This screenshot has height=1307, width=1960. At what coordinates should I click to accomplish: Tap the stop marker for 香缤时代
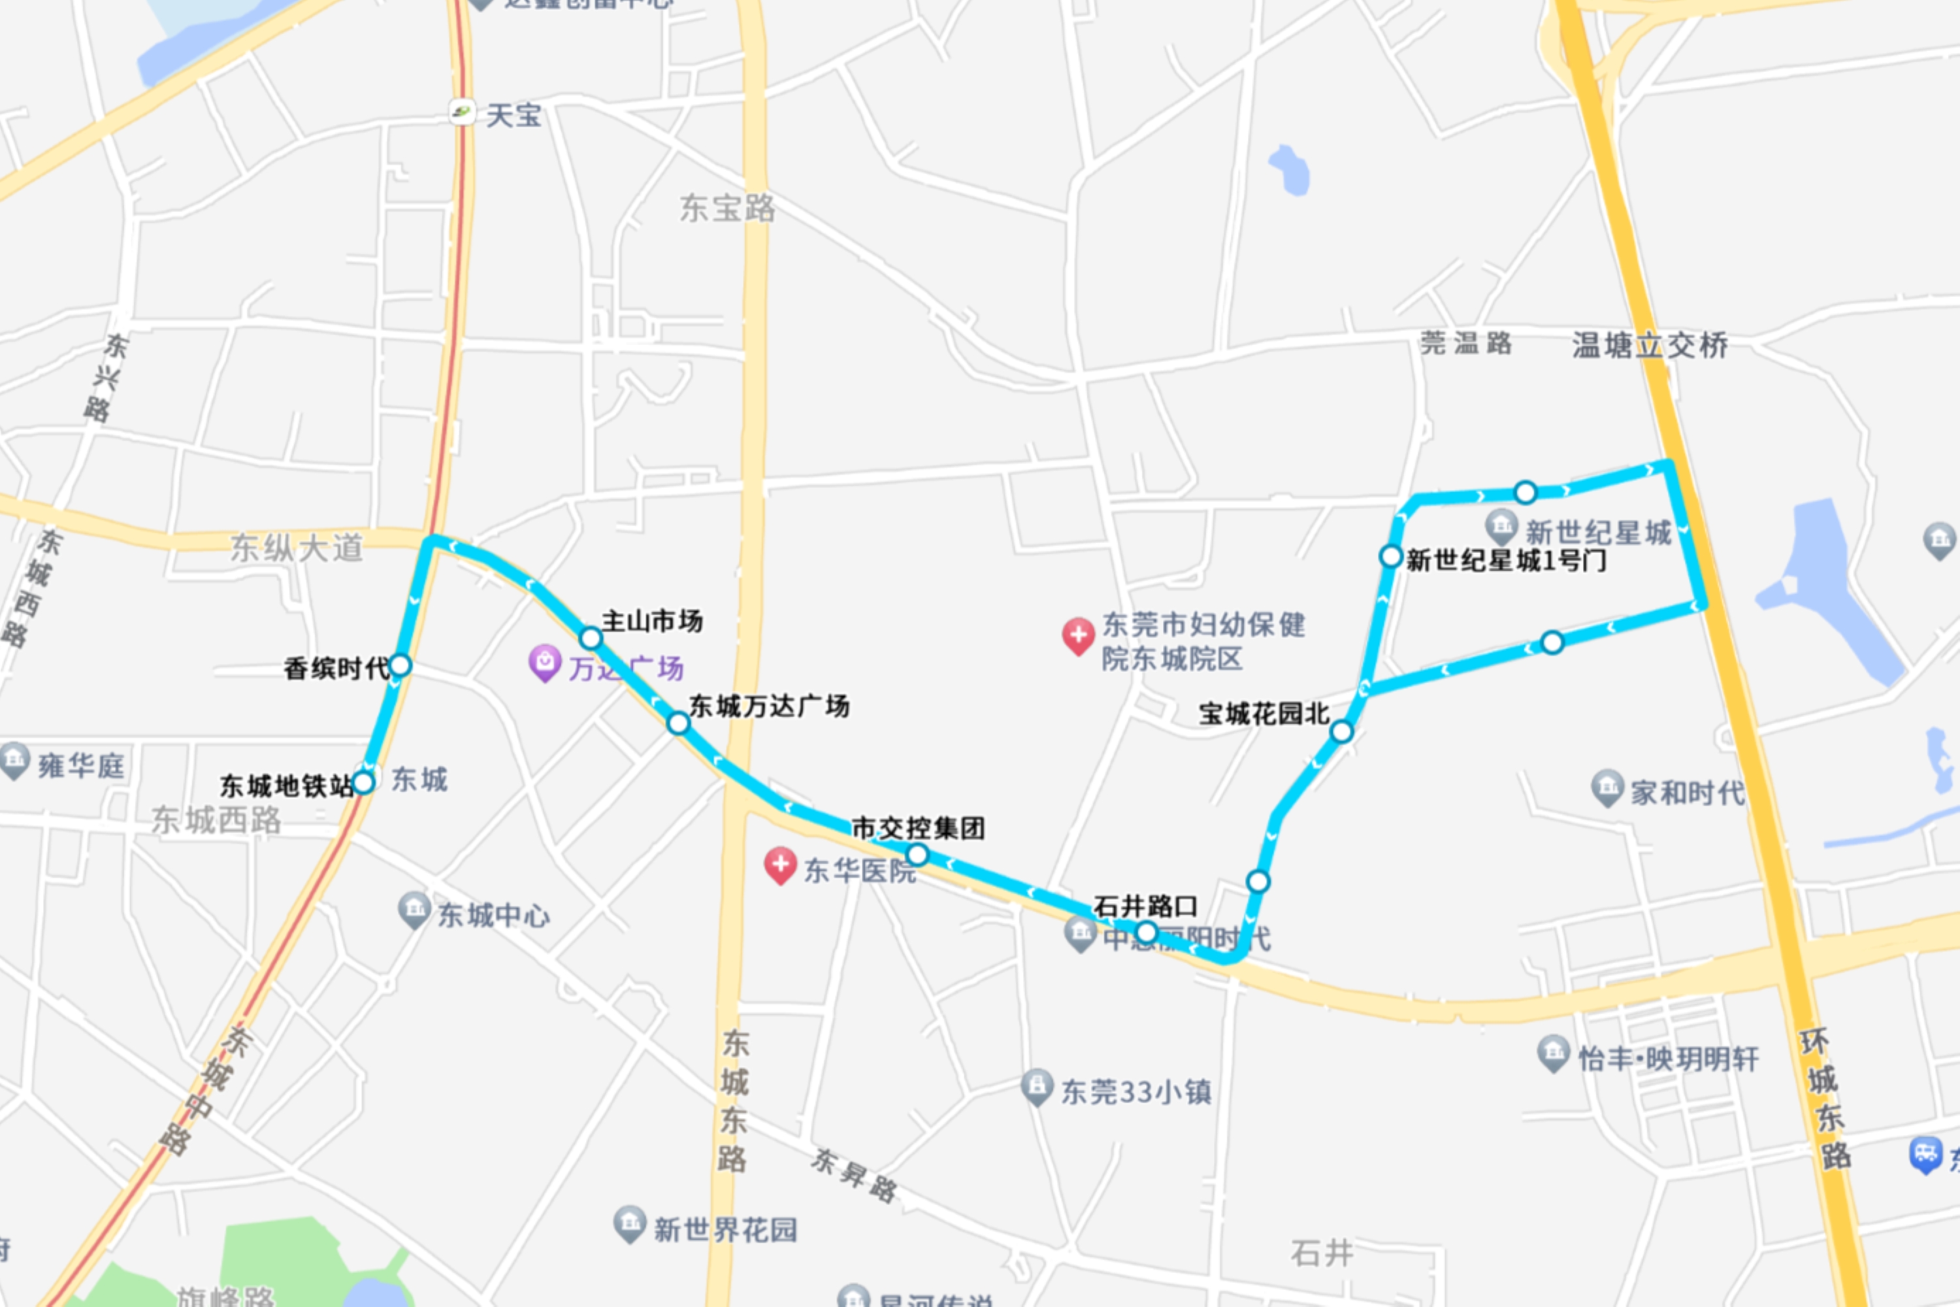(x=400, y=665)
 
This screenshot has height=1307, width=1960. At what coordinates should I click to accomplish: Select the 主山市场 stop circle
(x=591, y=638)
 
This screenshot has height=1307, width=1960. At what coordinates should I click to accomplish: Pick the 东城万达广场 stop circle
(x=678, y=723)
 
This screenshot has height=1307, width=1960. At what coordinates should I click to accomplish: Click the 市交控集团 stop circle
(x=917, y=854)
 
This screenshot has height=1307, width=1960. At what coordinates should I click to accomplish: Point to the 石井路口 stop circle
(x=1147, y=931)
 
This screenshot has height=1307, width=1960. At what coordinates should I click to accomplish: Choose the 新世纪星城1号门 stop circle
(x=1391, y=556)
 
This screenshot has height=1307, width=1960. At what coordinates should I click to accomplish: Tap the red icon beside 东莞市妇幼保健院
(x=1077, y=635)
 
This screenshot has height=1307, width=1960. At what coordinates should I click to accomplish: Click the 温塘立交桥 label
(x=1650, y=345)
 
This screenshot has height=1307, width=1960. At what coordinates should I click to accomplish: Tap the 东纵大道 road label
(x=297, y=548)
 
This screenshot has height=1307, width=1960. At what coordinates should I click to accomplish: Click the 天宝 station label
(x=514, y=115)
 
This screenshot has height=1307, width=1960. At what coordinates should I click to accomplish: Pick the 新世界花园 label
(x=725, y=1229)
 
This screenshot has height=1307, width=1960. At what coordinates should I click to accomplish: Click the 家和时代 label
(x=1687, y=792)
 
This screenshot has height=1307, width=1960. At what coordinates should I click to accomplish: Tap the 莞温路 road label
(x=1466, y=342)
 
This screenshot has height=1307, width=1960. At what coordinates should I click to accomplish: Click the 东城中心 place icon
(x=414, y=910)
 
